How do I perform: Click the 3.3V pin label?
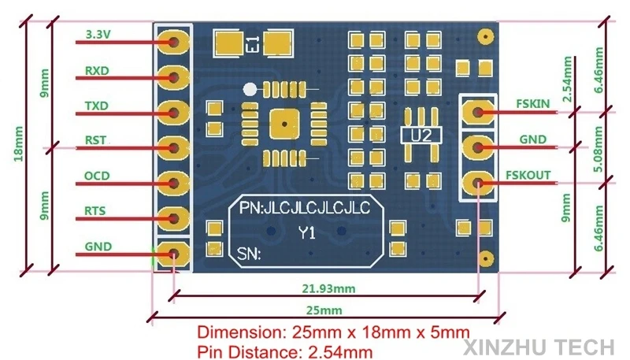(x=98, y=35)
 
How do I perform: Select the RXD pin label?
(x=97, y=71)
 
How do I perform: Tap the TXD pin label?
(x=97, y=106)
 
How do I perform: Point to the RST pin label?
(x=95, y=140)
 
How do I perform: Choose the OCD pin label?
(x=97, y=176)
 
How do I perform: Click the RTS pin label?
(x=95, y=211)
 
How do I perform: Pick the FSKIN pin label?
(x=533, y=104)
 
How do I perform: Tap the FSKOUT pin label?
(x=528, y=175)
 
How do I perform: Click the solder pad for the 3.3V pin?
(x=173, y=42)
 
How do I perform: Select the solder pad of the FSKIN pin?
(x=478, y=112)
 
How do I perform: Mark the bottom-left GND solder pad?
(x=173, y=254)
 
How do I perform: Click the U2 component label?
(x=421, y=135)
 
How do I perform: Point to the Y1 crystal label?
(x=307, y=232)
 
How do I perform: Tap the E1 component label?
(x=254, y=44)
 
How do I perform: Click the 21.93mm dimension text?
(x=328, y=288)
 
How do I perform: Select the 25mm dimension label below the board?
(x=324, y=310)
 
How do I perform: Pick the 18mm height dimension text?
(x=18, y=144)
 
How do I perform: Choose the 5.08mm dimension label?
(x=598, y=150)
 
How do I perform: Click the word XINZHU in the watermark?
(x=506, y=347)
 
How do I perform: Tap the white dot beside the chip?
(x=250, y=89)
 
